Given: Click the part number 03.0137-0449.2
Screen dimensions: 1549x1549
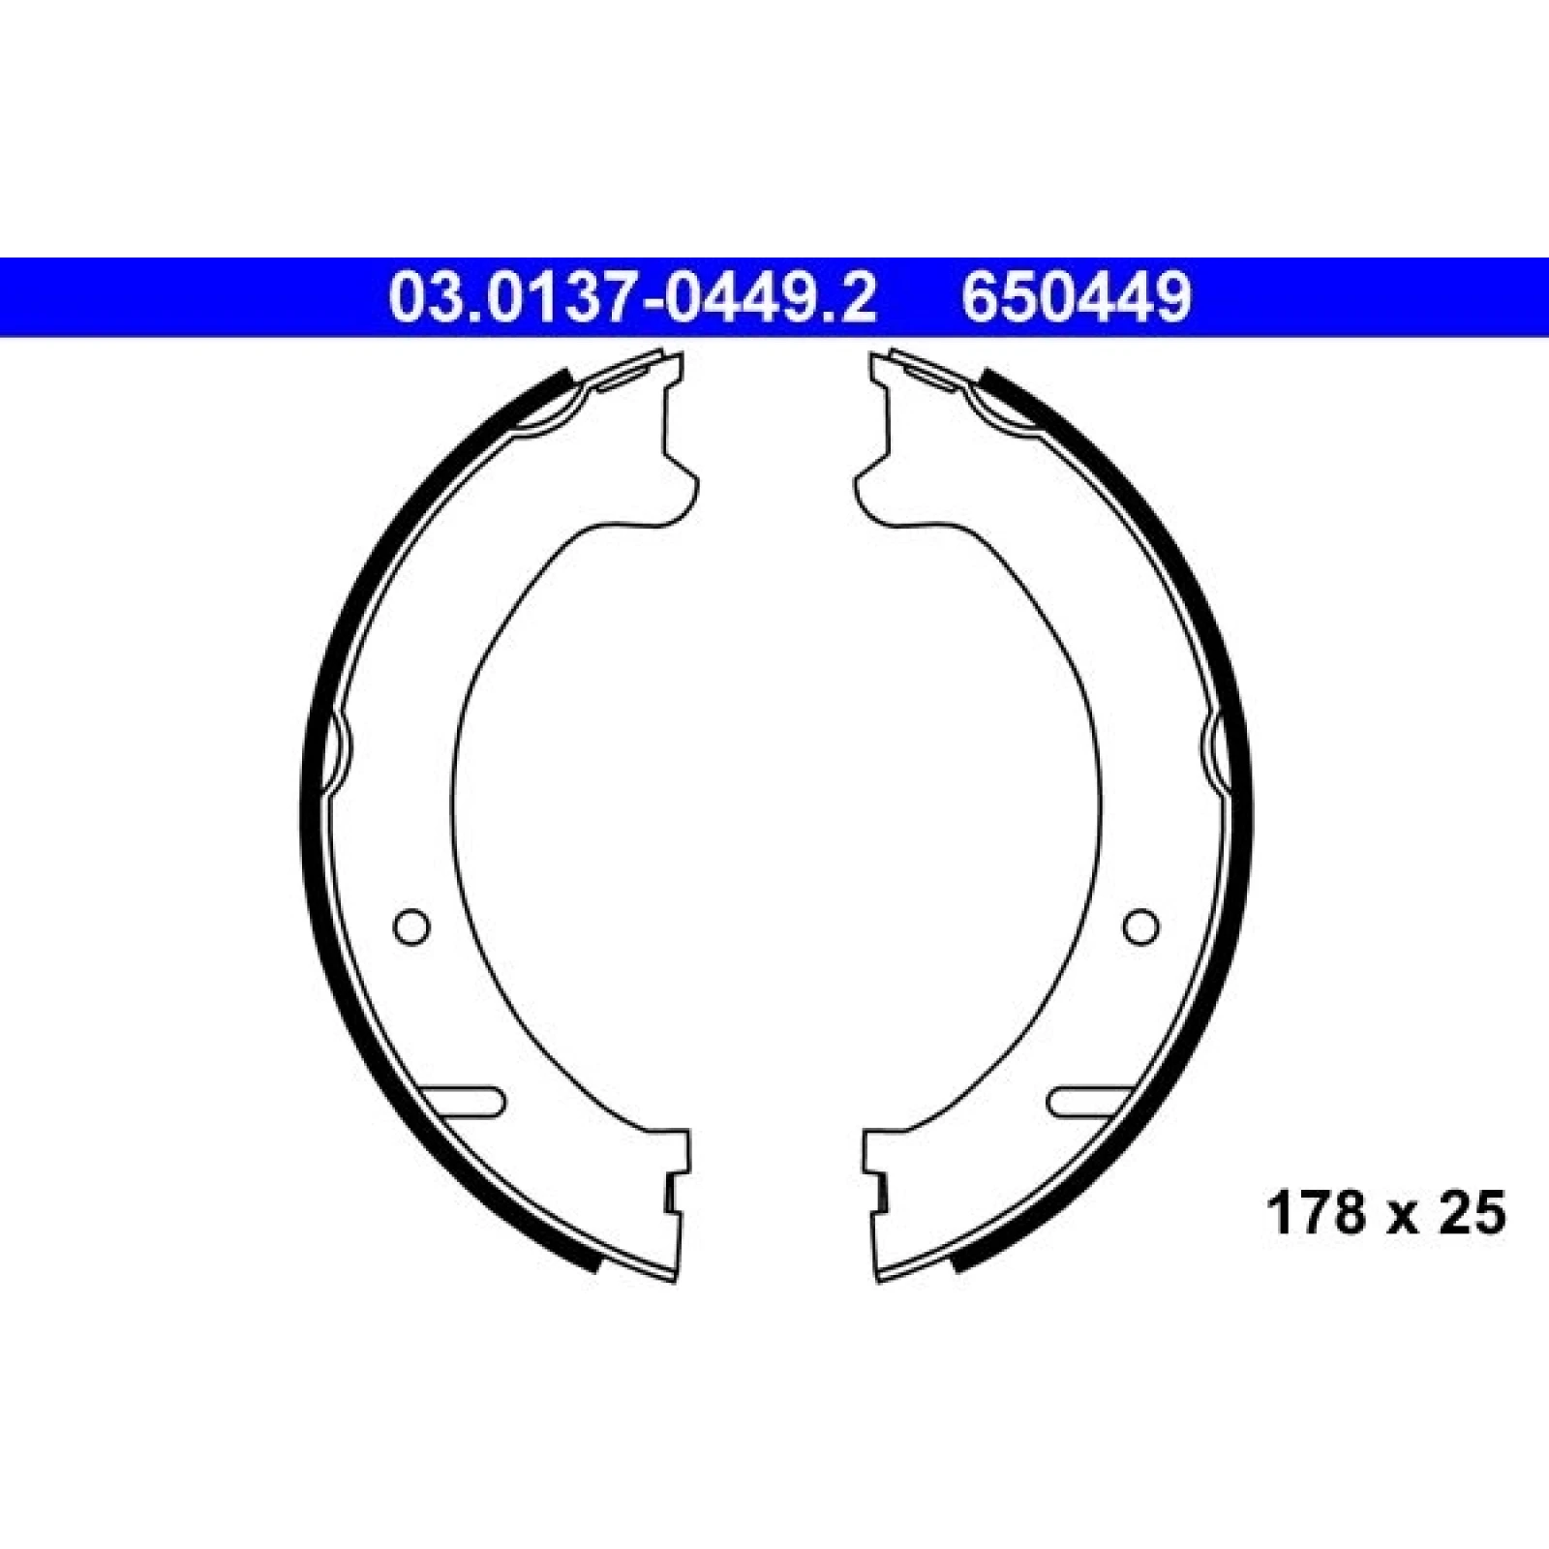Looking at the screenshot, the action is click(632, 297).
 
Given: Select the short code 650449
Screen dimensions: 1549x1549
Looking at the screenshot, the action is click(1076, 297).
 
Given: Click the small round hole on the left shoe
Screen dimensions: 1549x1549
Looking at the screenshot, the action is click(411, 926).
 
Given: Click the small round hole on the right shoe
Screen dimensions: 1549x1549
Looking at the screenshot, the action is click(1140, 926).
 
